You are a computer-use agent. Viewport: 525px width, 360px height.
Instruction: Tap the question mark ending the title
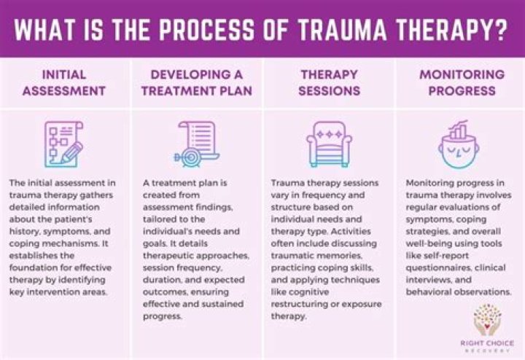click(503, 29)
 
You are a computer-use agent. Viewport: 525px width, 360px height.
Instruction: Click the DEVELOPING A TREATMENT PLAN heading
click(197, 83)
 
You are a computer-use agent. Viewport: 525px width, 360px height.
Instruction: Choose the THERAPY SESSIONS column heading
click(330, 83)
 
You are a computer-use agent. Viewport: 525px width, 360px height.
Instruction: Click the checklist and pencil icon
click(64, 143)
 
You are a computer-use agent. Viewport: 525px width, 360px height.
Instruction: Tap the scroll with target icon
click(197, 143)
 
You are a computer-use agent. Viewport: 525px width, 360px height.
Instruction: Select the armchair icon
click(330, 143)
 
